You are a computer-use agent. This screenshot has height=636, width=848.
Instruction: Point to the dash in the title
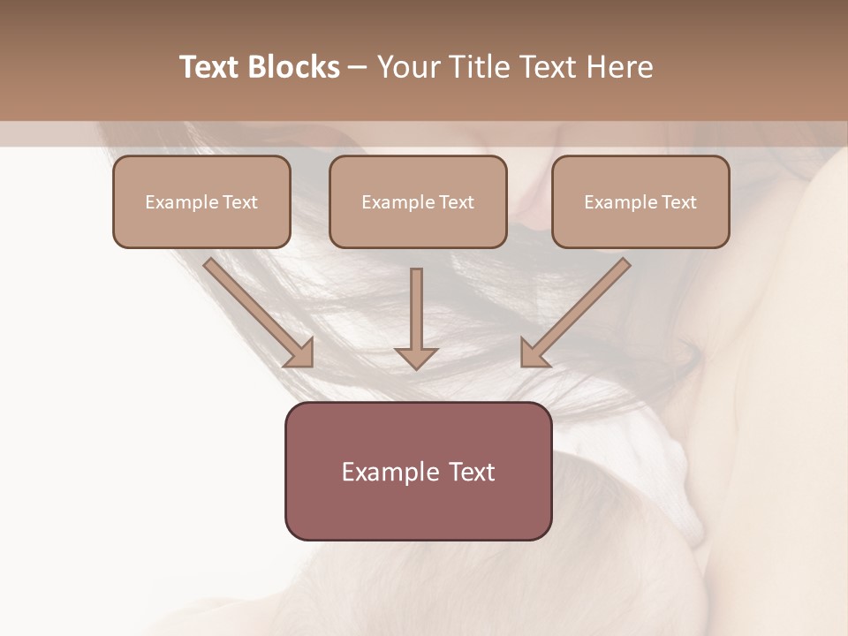tap(358, 68)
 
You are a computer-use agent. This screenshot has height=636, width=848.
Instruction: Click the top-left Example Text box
tap(201, 201)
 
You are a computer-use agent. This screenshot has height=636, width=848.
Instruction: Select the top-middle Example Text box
tap(418, 201)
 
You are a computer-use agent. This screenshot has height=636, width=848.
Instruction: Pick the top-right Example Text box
tap(640, 201)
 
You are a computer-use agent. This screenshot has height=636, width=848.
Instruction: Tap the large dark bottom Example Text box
tap(418, 471)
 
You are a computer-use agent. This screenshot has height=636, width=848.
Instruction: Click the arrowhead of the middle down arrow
tap(416, 357)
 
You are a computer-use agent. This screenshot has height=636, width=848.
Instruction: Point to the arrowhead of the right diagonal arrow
tap(534, 353)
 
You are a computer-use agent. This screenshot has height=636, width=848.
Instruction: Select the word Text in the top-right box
tap(678, 202)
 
